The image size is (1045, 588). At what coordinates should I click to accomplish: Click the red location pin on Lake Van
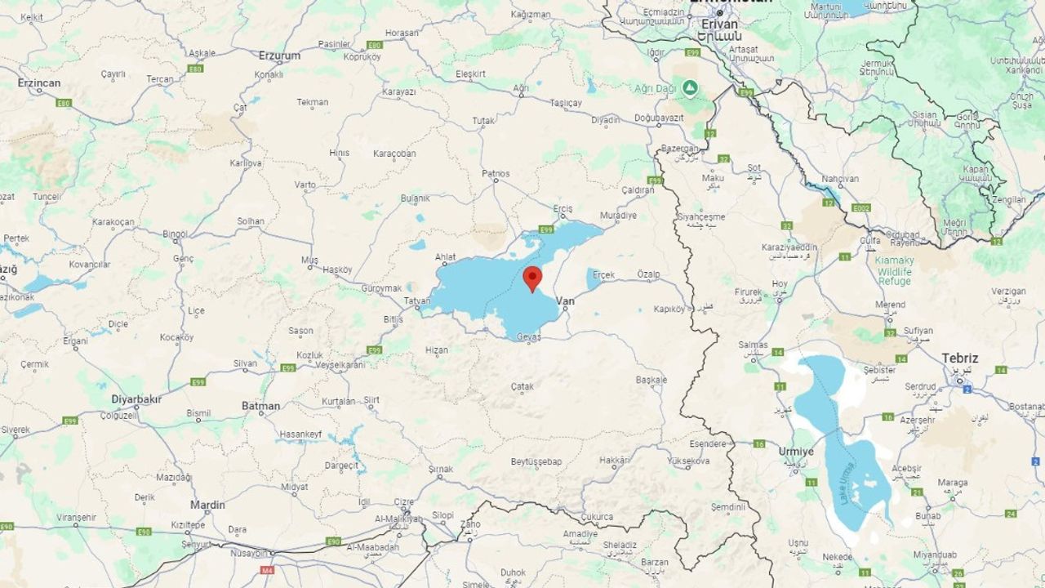(532, 278)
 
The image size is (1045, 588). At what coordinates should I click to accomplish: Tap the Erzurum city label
(279, 56)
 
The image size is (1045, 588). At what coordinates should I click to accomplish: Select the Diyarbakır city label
(136, 399)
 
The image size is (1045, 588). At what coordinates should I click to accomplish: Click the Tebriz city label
(959, 359)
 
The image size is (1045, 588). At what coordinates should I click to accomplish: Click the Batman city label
(261, 406)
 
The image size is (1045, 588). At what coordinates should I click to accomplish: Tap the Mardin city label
(207, 505)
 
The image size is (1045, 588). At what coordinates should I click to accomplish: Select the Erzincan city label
(39, 83)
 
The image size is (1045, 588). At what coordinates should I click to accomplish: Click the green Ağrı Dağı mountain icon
(691, 87)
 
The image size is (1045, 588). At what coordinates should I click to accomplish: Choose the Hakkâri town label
(615, 461)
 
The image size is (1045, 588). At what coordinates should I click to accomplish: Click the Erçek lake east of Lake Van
(593, 279)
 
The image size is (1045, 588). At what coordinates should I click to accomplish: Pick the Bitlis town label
(394, 318)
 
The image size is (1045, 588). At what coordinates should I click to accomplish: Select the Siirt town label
(371, 400)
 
